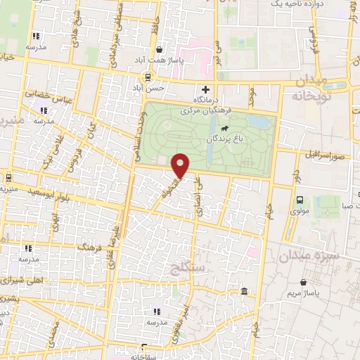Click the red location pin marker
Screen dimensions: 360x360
tap(181, 165)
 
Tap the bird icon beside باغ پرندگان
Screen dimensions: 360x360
tap(224, 129)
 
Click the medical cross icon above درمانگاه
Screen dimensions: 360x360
tap(205, 89)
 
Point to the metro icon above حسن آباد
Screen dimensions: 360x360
tap(148, 77)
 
